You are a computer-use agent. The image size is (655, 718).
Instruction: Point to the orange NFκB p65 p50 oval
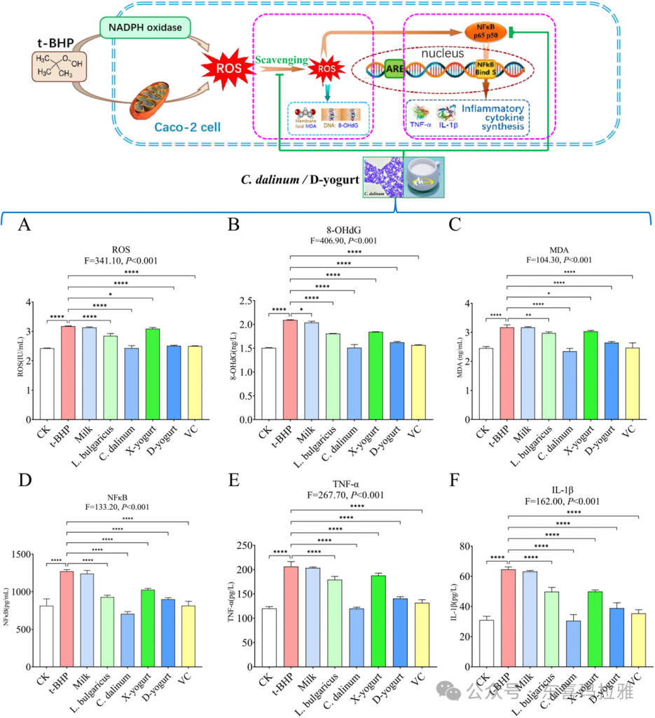point(485,31)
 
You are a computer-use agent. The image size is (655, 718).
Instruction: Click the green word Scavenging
point(282,61)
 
